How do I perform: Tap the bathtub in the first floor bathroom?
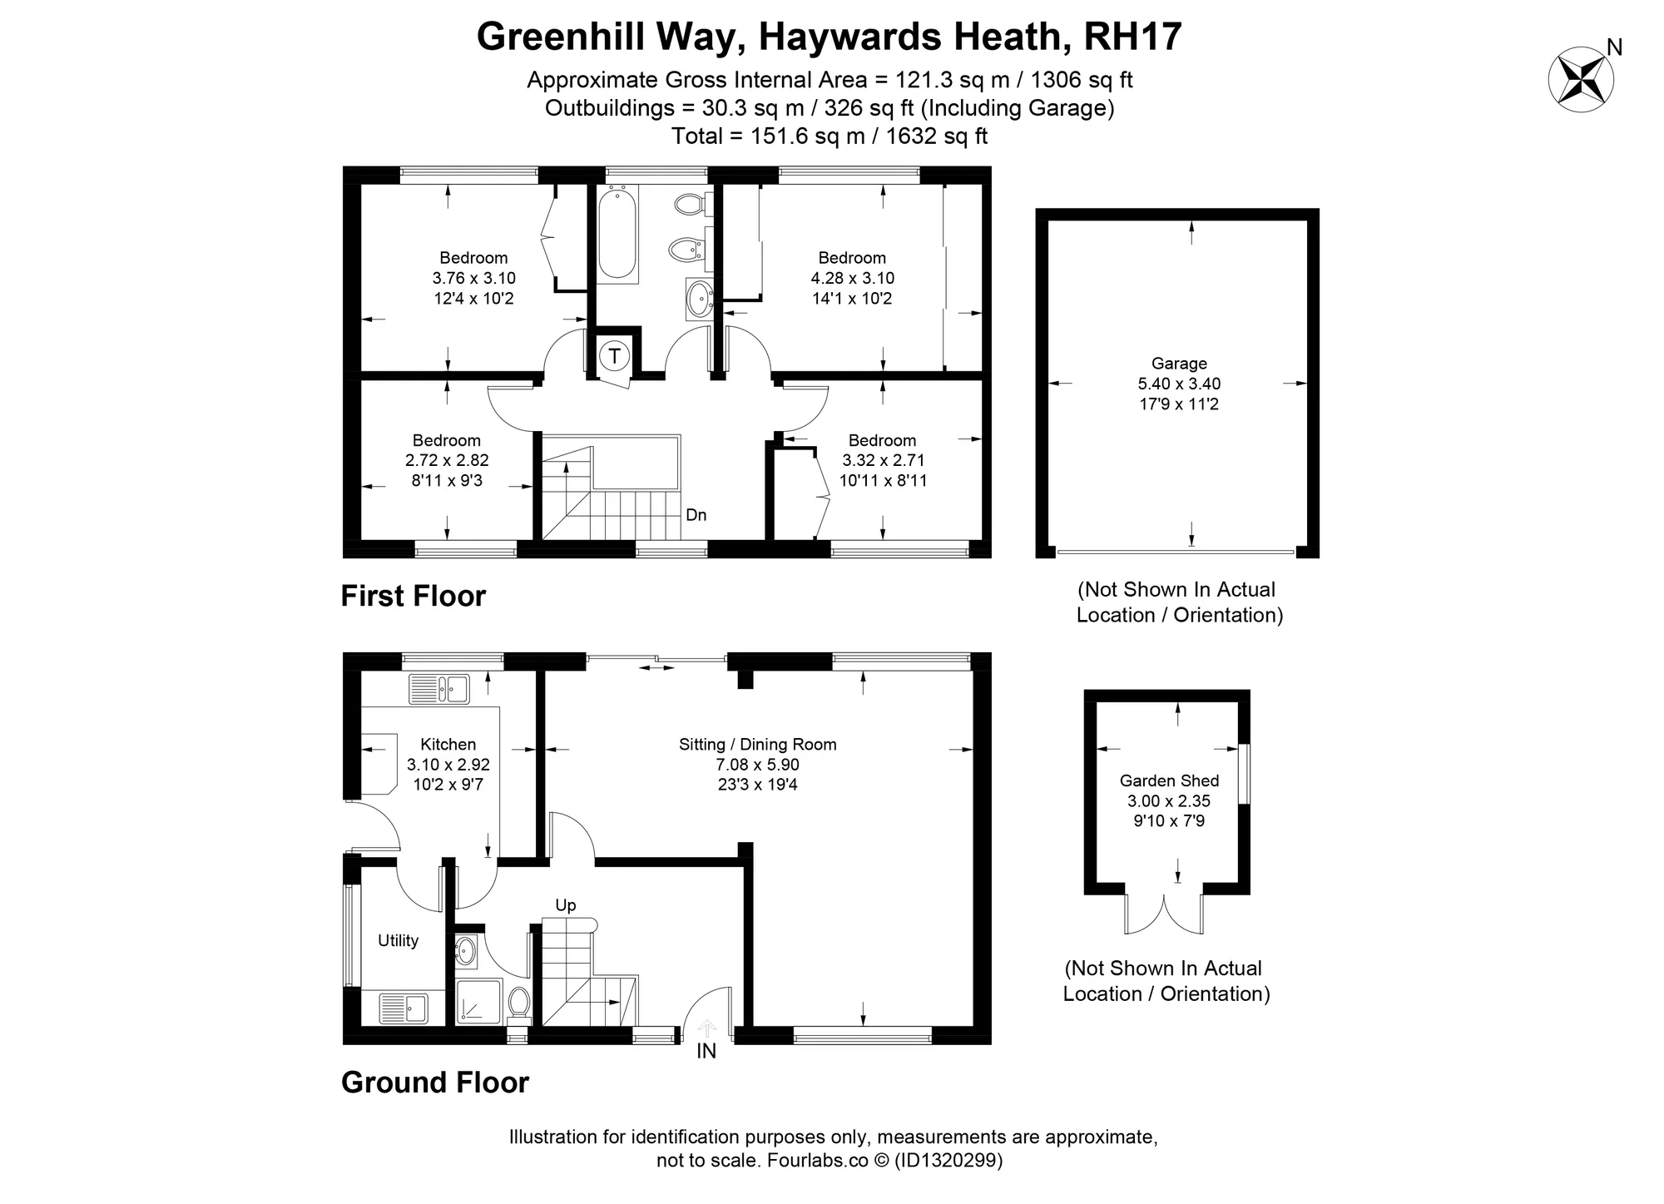[617, 234]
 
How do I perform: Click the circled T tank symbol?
[615, 357]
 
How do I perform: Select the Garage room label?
[1179, 364]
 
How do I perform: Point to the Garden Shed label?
[1169, 780]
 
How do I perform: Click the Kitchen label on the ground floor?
[448, 745]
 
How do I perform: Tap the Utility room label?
[398, 940]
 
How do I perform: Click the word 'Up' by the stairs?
[566, 905]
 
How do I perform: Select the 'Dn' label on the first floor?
[696, 515]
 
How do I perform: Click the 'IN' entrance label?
[706, 1051]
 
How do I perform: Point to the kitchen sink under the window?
[439, 689]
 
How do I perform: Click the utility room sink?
[404, 1008]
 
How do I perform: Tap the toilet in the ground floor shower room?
[519, 1003]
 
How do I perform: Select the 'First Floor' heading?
[414, 596]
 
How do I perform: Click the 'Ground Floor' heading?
[435, 1083]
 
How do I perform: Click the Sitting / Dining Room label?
[758, 745]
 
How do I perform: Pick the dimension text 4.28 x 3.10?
[853, 278]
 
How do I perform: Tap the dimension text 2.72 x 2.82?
[447, 460]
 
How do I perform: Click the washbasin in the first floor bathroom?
[699, 298]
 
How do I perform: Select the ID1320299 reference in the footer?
[948, 1160]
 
